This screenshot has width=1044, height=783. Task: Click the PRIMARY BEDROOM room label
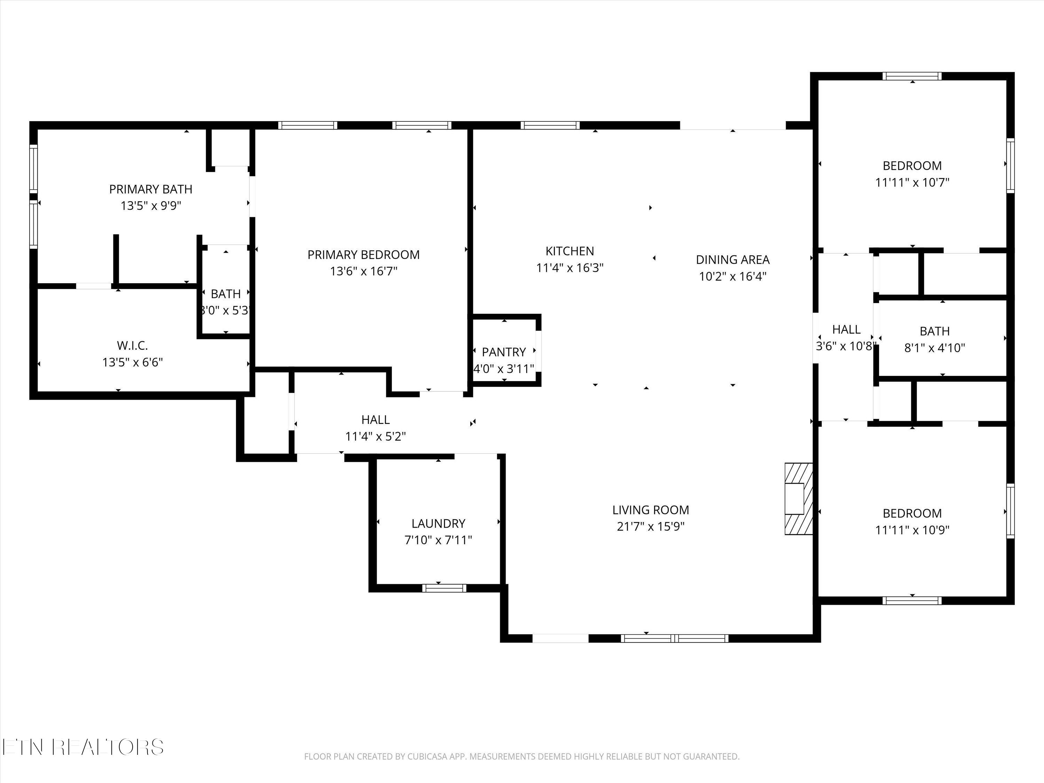(x=363, y=255)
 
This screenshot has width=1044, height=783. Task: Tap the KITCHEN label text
(x=570, y=251)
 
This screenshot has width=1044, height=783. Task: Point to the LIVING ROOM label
(x=650, y=510)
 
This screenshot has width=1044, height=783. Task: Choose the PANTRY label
(x=504, y=352)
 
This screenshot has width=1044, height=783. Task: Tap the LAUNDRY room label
(x=438, y=523)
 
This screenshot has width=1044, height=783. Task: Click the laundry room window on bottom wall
(x=444, y=588)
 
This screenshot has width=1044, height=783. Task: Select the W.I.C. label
(x=133, y=346)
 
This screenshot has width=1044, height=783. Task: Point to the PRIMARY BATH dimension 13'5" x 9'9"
(x=151, y=206)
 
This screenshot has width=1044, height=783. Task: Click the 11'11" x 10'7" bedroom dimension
(x=912, y=183)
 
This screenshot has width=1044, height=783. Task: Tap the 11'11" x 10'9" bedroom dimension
(x=912, y=530)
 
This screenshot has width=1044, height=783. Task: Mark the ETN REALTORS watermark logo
(x=83, y=747)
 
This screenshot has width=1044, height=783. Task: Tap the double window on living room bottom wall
(x=674, y=639)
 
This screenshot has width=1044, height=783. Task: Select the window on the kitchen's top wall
(x=550, y=125)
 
